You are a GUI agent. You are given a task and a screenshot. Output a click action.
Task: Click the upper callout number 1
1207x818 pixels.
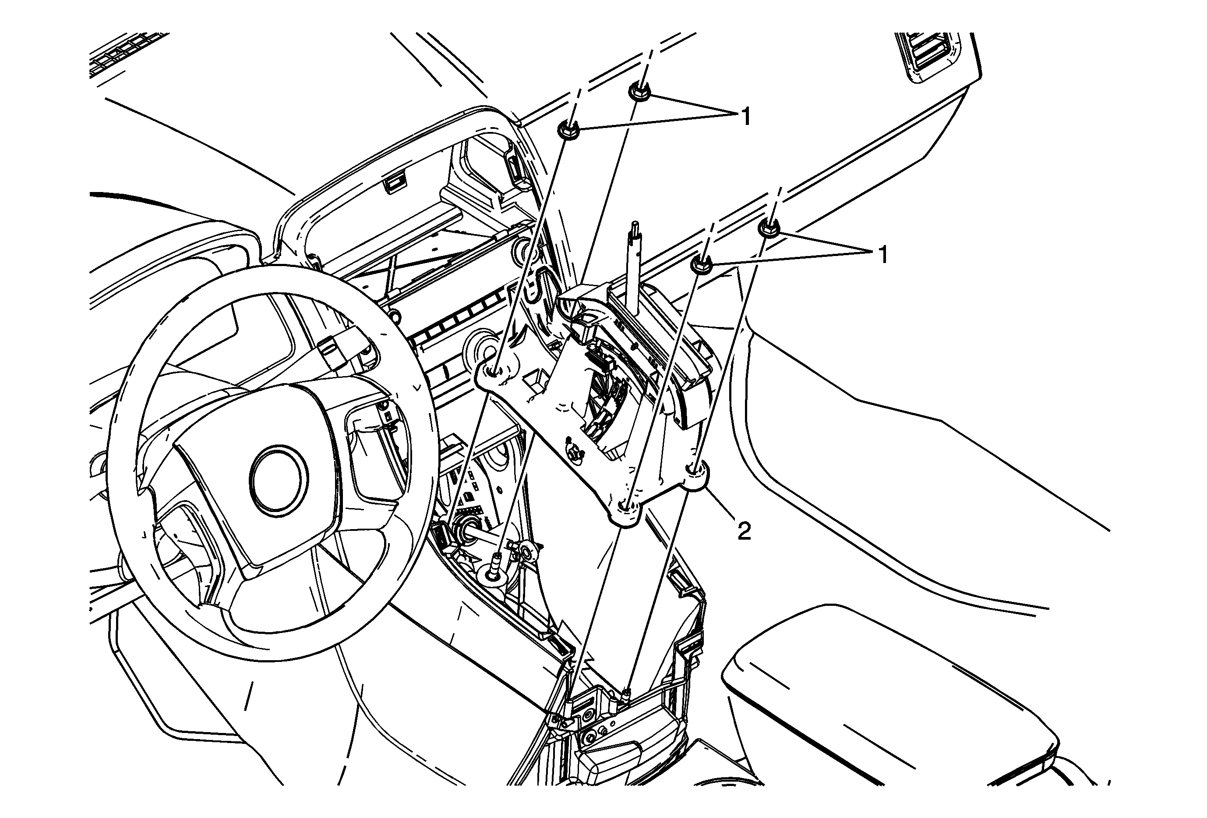pos(746,117)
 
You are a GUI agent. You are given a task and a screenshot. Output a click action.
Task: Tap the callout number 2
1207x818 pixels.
pos(744,531)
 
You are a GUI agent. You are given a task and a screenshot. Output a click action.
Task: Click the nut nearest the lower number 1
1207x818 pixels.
pos(769,228)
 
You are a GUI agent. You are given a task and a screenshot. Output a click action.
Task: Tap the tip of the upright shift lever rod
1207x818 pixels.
pos(634,224)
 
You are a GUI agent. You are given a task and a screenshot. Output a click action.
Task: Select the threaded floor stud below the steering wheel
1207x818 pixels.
pos(495,566)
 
